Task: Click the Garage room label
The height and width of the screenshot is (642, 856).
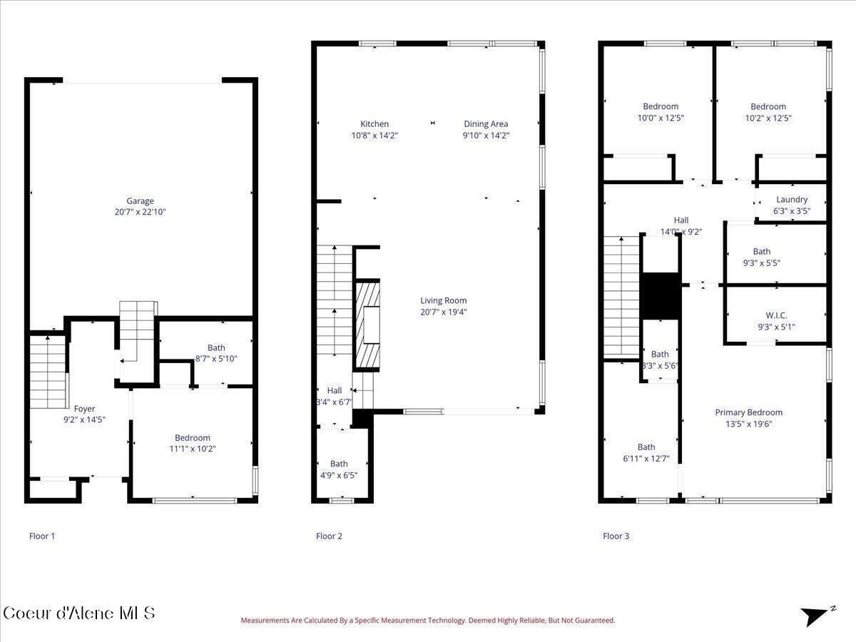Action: click(x=140, y=201)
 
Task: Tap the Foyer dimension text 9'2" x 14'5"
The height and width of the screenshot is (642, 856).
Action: click(x=84, y=420)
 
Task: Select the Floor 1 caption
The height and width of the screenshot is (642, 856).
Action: click(x=41, y=536)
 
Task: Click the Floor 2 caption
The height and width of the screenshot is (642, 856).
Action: click(x=329, y=536)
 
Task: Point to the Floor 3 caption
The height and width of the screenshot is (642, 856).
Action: click(x=616, y=536)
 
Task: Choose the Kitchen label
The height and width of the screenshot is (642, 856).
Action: click(x=374, y=124)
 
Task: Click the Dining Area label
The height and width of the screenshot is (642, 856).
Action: click(x=486, y=124)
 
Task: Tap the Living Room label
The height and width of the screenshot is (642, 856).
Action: click(x=443, y=300)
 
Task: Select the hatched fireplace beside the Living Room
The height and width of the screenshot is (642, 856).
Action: click(x=368, y=325)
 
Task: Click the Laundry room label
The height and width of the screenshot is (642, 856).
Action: click(x=792, y=200)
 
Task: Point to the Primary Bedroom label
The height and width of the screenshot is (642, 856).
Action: click(x=748, y=412)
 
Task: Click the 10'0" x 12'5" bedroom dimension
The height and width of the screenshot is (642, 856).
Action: click(x=660, y=118)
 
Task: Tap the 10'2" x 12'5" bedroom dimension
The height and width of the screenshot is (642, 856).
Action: click(x=768, y=118)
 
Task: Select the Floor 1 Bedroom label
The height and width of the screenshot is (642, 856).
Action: click(x=193, y=438)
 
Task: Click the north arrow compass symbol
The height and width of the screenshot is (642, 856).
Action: click(x=815, y=615)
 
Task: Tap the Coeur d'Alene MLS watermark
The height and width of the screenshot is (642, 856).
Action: click(x=78, y=613)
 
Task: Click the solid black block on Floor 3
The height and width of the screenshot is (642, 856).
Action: click(x=660, y=296)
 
